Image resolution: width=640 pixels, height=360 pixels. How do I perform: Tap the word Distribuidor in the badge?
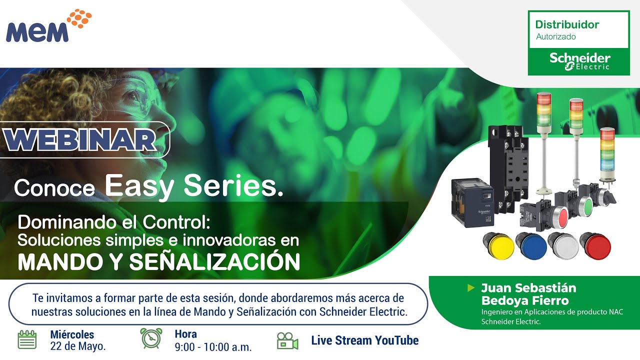[567, 24]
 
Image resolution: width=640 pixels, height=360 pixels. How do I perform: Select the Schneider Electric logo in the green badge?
[579, 61]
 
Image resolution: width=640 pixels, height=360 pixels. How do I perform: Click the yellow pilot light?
[498, 246]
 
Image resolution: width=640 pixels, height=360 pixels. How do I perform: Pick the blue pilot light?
[530, 246]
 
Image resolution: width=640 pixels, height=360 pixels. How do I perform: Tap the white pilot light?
[563, 245]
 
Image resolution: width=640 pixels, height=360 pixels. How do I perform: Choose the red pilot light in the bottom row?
[595, 245]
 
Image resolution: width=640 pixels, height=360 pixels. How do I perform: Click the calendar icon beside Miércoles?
[27, 339]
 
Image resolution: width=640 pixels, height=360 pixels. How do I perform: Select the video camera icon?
[287, 341]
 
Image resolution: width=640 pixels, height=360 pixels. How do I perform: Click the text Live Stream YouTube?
[364, 340]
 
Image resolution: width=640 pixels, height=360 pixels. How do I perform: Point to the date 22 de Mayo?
[77, 346]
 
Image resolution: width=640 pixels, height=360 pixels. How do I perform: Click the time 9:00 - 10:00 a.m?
[213, 346]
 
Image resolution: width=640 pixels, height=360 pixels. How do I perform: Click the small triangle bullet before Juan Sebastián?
[470, 288]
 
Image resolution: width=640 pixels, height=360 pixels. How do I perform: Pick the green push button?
[587, 205]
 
